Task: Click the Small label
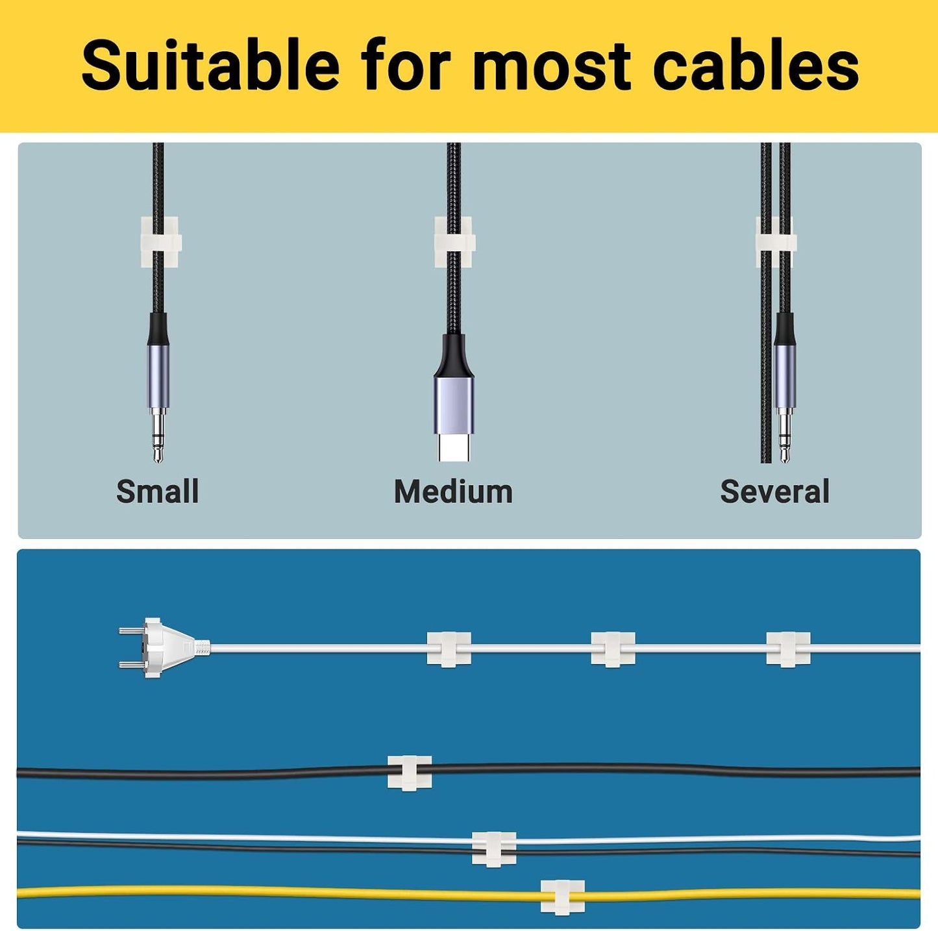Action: [x=158, y=491]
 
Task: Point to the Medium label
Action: [x=453, y=491]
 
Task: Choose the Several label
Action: [x=774, y=491]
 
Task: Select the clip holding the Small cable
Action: [x=161, y=242]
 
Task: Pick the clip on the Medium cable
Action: [x=454, y=242]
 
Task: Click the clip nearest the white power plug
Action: [x=449, y=649]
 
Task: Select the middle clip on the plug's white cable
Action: [x=613, y=649]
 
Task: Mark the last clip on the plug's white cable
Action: [x=788, y=649]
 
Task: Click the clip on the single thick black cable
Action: [x=410, y=773]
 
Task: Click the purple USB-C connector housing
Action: [x=453, y=406]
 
